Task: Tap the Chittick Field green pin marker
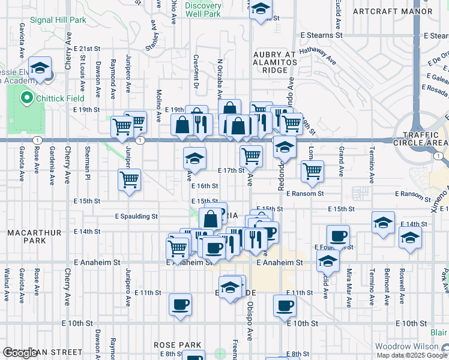(26, 98)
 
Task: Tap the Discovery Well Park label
(203, 9)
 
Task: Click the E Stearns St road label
(322, 35)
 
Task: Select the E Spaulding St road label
(136, 216)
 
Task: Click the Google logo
(20, 353)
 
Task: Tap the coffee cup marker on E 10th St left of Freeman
(180, 304)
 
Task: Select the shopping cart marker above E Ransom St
(312, 170)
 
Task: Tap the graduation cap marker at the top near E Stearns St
(260, 9)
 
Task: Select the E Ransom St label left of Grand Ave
(305, 194)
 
